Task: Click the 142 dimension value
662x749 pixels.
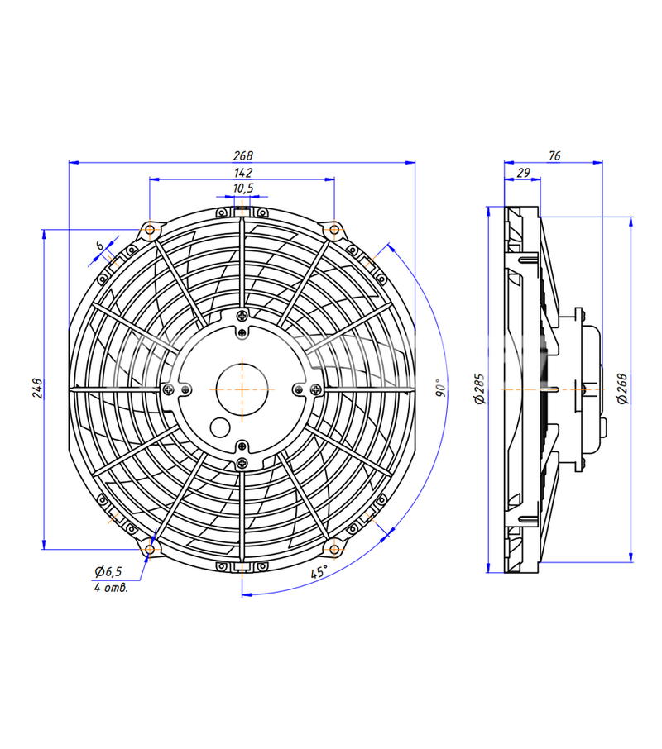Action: [x=242, y=173]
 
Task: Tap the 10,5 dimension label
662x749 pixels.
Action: [x=242, y=188]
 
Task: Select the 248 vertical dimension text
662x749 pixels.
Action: [x=37, y=389]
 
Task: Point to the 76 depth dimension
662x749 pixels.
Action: [x=554, y=155]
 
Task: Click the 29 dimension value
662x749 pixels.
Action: [x=523, y=173]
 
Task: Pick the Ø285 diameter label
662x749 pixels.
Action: [x=479, y=389]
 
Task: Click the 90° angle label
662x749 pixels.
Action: [x=441, y=388]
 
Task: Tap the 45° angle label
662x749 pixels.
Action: [x=319, y=571]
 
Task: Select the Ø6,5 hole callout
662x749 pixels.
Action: [x=108, y=570]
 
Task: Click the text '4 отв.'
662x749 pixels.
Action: [x=111, y=588]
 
